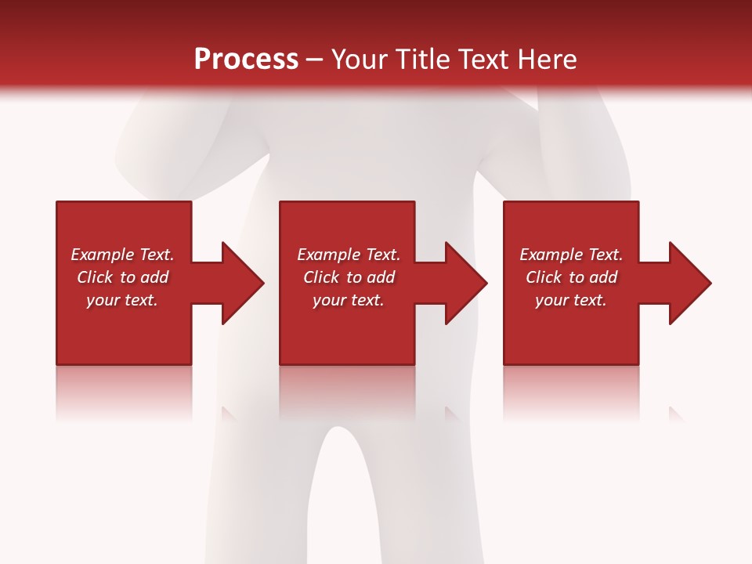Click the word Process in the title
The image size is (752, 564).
click(x=246, y=60)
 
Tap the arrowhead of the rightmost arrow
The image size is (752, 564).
click(x=689, y=283)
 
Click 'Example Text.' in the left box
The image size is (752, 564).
click(x=122, y=255)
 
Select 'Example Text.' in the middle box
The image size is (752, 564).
click(x=349, y=255)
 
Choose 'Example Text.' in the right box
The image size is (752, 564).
click(x=571, y=255)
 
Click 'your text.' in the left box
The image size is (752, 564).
click(x=122, y=300)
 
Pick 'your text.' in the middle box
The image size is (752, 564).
click(x=349, y=300)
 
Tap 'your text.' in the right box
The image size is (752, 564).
click(x=571, y=300)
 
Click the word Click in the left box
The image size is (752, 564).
click(x=95, y=277)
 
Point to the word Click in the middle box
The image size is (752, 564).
click(x=321, y=277)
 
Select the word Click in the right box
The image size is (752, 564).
click(x=544, y=277)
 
